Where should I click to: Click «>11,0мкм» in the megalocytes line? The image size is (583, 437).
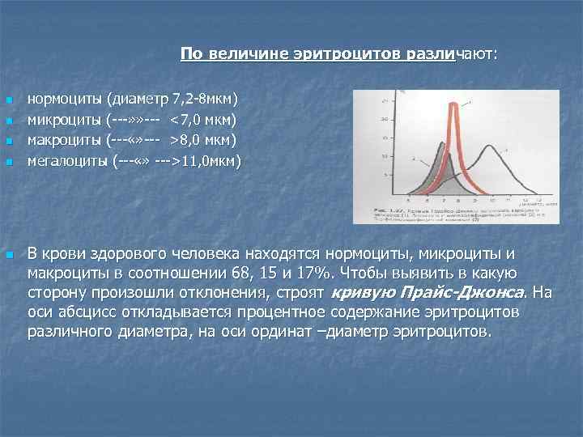pyautogui.click(x=207, y=160)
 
